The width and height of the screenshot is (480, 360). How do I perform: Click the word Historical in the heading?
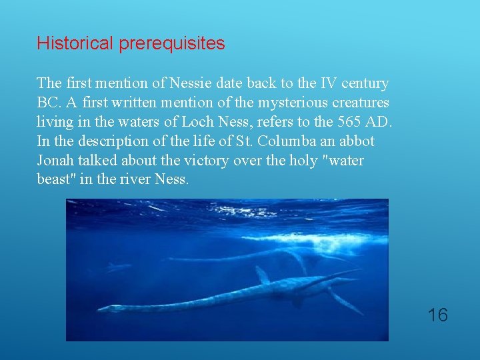point(75,44)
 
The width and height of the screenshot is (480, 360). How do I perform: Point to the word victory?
point(196,161)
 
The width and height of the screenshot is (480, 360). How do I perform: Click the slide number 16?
point(438,315)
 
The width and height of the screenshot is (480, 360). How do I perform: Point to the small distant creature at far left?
point(118,268)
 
